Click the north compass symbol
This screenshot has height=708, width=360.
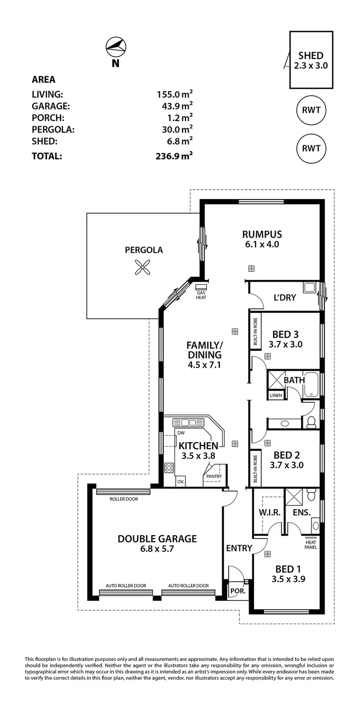click(x=116, y=46)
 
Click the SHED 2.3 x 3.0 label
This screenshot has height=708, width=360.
click(x=311, y=60)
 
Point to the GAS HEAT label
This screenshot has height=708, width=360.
click(x=201, y=294)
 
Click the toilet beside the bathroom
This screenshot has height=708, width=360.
click(x=311, y=422)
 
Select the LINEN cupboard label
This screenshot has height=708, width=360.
click(x=276, y=396)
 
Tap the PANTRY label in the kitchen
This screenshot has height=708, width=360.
click(x=214, y=476)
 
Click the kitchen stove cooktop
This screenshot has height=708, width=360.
click(x=169, y=467)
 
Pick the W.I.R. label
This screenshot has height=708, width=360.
click(x=269, y=513)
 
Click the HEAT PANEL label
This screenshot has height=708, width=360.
click(x=311, y=544)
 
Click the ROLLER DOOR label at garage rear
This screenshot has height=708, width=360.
click(x=124, y=499)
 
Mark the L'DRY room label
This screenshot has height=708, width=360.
click(x=285, y=298)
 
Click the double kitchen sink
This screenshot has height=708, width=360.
click(x=189, y=423)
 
